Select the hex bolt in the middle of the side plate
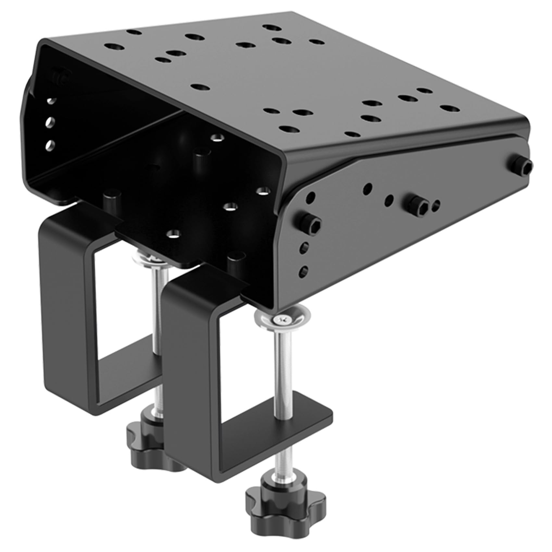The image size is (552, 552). click(418, 205)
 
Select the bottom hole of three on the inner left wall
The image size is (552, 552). click(49, 144)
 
